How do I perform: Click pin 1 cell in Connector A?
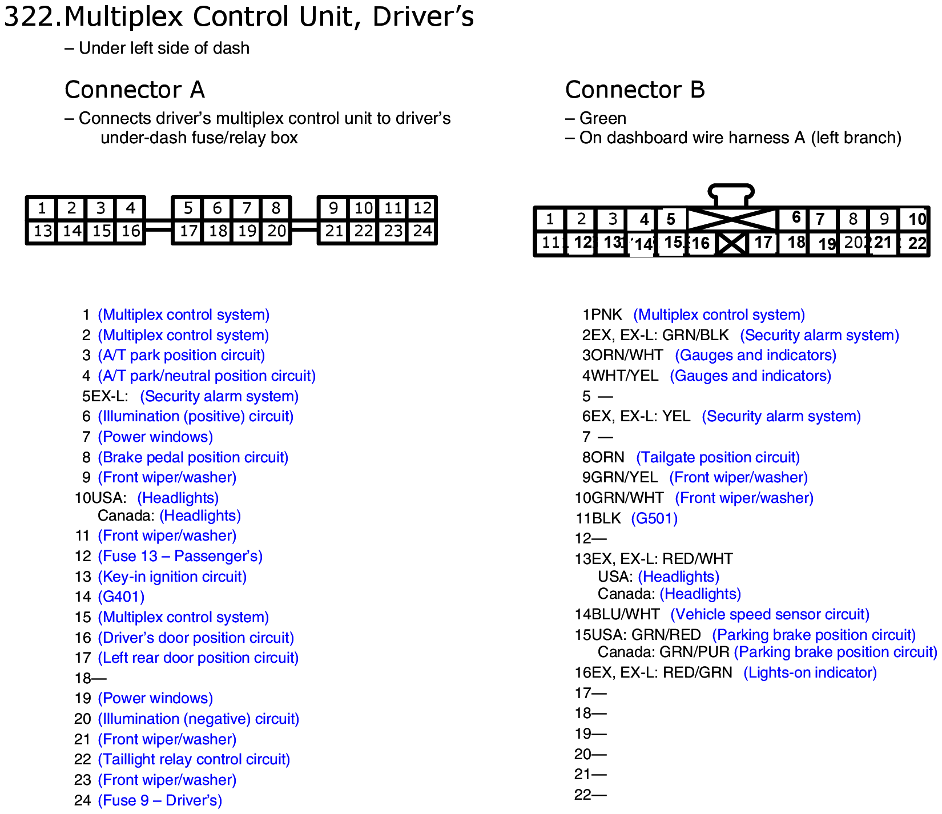[42, 208]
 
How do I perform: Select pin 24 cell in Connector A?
[422, 231]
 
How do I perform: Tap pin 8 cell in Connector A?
[276, 208]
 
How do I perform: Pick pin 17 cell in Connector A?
[188, 231]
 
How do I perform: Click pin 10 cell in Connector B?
[916, 219]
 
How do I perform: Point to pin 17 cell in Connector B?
[763, 243]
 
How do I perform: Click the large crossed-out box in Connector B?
[732, 219]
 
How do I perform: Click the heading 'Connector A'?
[135, 90]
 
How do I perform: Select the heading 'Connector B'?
[635, 90]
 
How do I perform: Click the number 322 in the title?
[30, 17]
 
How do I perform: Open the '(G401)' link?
[121, 597]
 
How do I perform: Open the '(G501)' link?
[654, 519]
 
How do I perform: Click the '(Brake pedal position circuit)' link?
[193, 458]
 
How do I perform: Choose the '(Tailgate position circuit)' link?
[718, 458]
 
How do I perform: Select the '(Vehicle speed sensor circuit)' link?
[770, 615]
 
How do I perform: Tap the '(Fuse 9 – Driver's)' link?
[160, 801]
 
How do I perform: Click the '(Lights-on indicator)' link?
[810, 673]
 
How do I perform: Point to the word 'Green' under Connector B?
[603, 118]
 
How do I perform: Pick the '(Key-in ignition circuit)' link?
[172, 577]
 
